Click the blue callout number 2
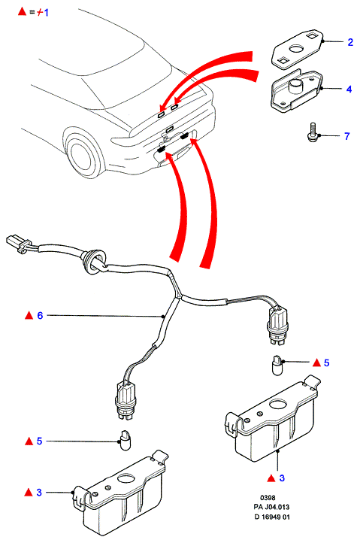point(350,42)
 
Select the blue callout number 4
point(349,89)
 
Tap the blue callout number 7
point(347,136)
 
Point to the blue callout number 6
point(40,315)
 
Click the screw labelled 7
point(313,132)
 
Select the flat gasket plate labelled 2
point(298,48)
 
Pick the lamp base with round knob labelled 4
point(296,91)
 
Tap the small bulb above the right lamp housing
point(277,366)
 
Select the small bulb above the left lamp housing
point(125,440)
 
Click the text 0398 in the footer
point(268,498)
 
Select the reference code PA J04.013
point(271,507)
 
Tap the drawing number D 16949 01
point(272,517)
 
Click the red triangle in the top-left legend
point(22,11)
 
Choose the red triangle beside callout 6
point(29,315)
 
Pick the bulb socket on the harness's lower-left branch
point(125,401)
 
